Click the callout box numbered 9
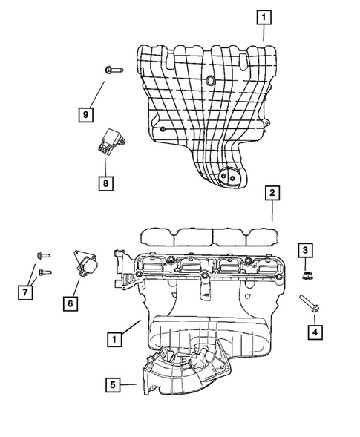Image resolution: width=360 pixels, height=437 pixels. point(87,115)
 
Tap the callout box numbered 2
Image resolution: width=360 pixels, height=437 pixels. point(272,194)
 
